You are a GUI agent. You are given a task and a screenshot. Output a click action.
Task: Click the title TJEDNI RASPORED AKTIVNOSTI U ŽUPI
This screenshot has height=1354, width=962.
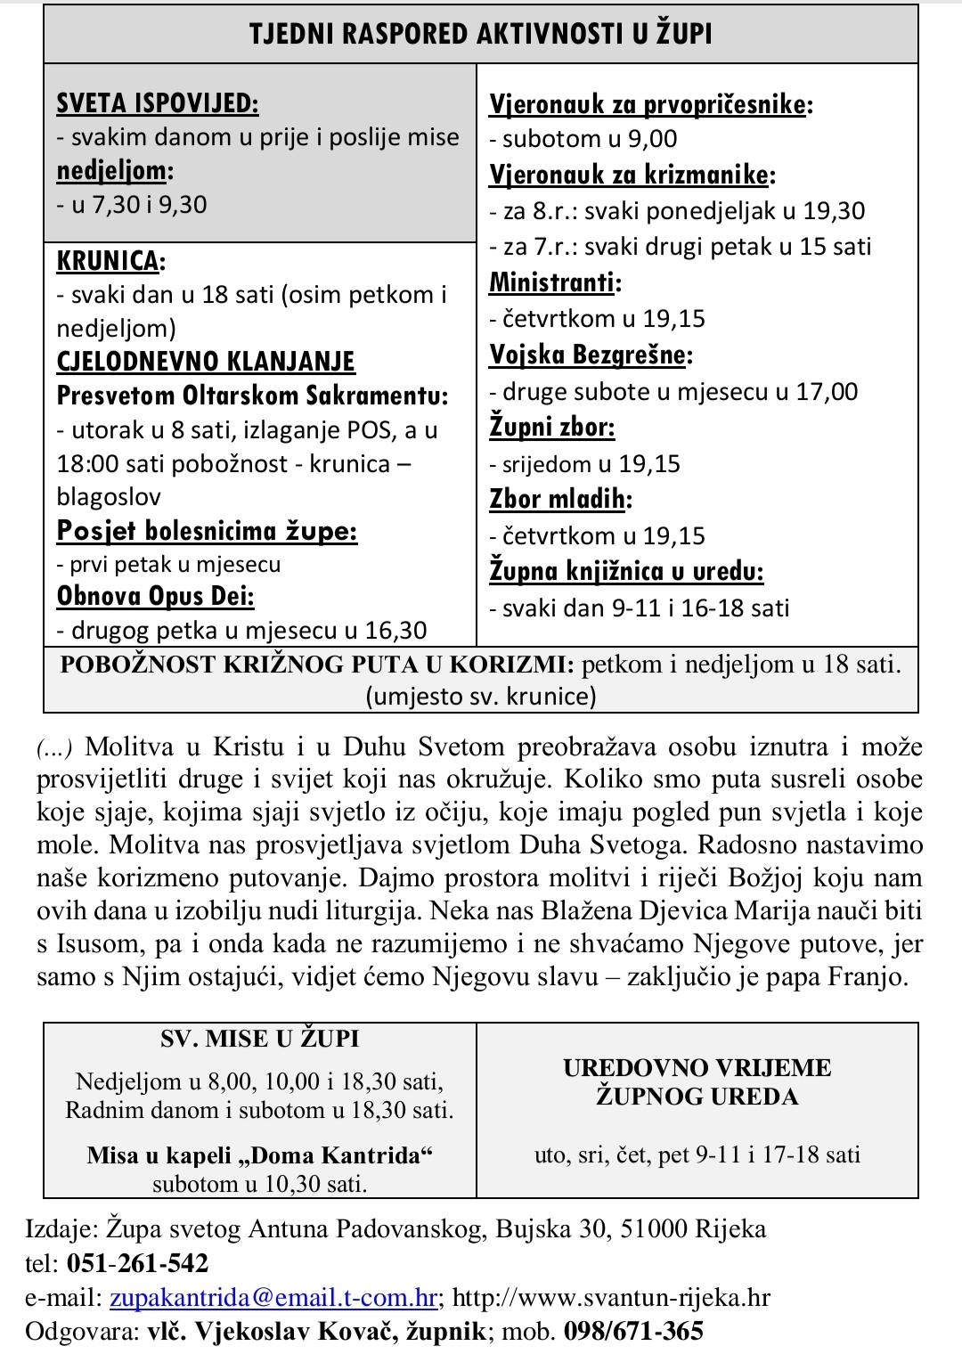[481, 34]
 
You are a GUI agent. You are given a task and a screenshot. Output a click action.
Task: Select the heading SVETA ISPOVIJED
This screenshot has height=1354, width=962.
[158, 103]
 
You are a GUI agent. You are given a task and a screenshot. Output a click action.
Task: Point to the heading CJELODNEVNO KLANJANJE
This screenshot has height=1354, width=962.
[206, 362]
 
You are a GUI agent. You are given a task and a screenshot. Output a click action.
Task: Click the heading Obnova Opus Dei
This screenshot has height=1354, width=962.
[156, 596]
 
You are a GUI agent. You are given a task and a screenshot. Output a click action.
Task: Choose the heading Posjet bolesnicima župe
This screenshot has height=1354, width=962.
[207, 531]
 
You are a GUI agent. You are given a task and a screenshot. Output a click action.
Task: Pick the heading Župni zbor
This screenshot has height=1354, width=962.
[552, 428]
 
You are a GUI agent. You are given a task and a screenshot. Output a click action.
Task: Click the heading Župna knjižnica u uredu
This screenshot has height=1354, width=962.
[627, 572]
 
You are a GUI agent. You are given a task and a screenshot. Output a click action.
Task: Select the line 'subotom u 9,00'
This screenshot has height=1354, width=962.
[589, 139]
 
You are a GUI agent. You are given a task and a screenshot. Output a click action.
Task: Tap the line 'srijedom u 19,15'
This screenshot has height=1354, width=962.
[591, 464]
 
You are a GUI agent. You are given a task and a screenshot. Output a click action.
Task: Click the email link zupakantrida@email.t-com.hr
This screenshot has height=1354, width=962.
[273, 1298]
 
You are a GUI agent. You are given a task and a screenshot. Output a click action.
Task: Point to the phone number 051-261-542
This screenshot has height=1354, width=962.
[135, 1264]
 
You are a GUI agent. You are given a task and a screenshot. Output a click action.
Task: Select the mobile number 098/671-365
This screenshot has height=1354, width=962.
[633, 1332]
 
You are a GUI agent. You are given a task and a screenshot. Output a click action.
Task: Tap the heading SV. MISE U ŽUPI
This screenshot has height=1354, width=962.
[260, 1039]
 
